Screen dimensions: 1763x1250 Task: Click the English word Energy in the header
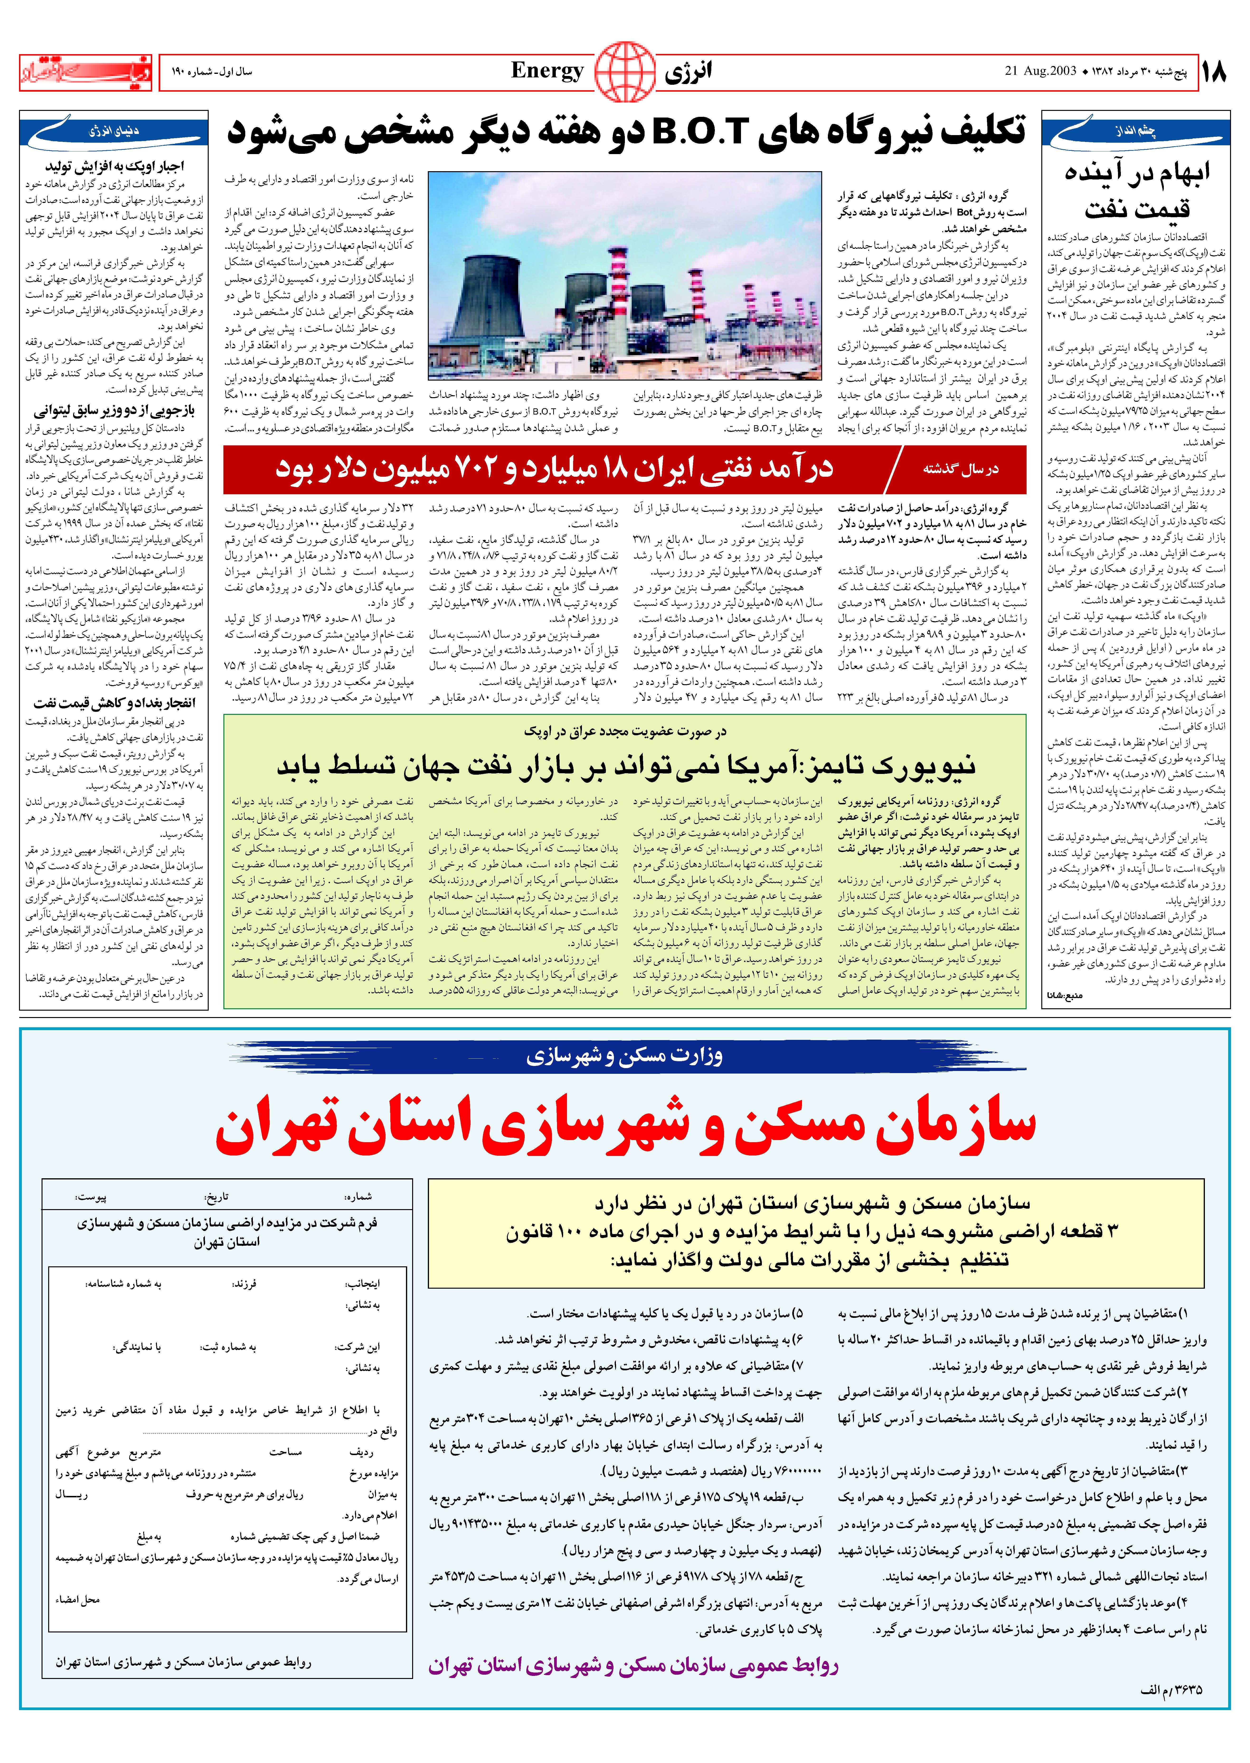[x=547, y=71]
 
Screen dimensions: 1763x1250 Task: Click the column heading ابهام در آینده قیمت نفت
[x=1137, y=191]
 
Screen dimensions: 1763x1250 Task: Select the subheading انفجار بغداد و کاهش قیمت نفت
[x=114, y=702]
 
